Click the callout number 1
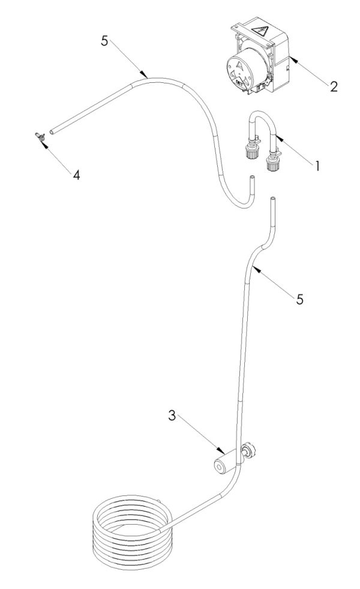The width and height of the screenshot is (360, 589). point(317,165)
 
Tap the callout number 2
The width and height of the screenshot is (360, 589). point(334,87)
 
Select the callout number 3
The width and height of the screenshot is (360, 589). point(172,416)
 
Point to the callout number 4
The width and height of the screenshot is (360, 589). point(76,175)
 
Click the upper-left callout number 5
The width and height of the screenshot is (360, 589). point(104,41)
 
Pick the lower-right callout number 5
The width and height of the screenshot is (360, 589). point(299,300)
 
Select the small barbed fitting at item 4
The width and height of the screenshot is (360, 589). point(40,137)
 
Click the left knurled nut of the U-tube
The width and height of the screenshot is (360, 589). point(250,152)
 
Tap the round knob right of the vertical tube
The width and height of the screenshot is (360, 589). point(248,450)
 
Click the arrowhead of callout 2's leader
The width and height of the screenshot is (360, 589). point(292,59)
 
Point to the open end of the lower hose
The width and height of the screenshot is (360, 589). point(272,198)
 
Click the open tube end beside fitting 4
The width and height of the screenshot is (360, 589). point(52,131)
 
